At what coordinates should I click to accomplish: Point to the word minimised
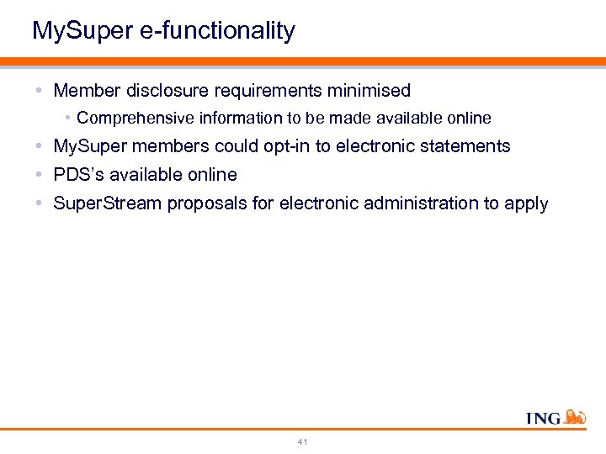(369, 90)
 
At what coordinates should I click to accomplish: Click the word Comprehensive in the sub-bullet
(128, 119)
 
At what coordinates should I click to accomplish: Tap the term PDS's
(77, 175)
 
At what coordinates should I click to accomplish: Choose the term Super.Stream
(107, 203)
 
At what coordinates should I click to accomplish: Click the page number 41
(303, 441)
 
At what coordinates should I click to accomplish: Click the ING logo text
(543, 418)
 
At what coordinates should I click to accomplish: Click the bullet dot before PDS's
(41, 175)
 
